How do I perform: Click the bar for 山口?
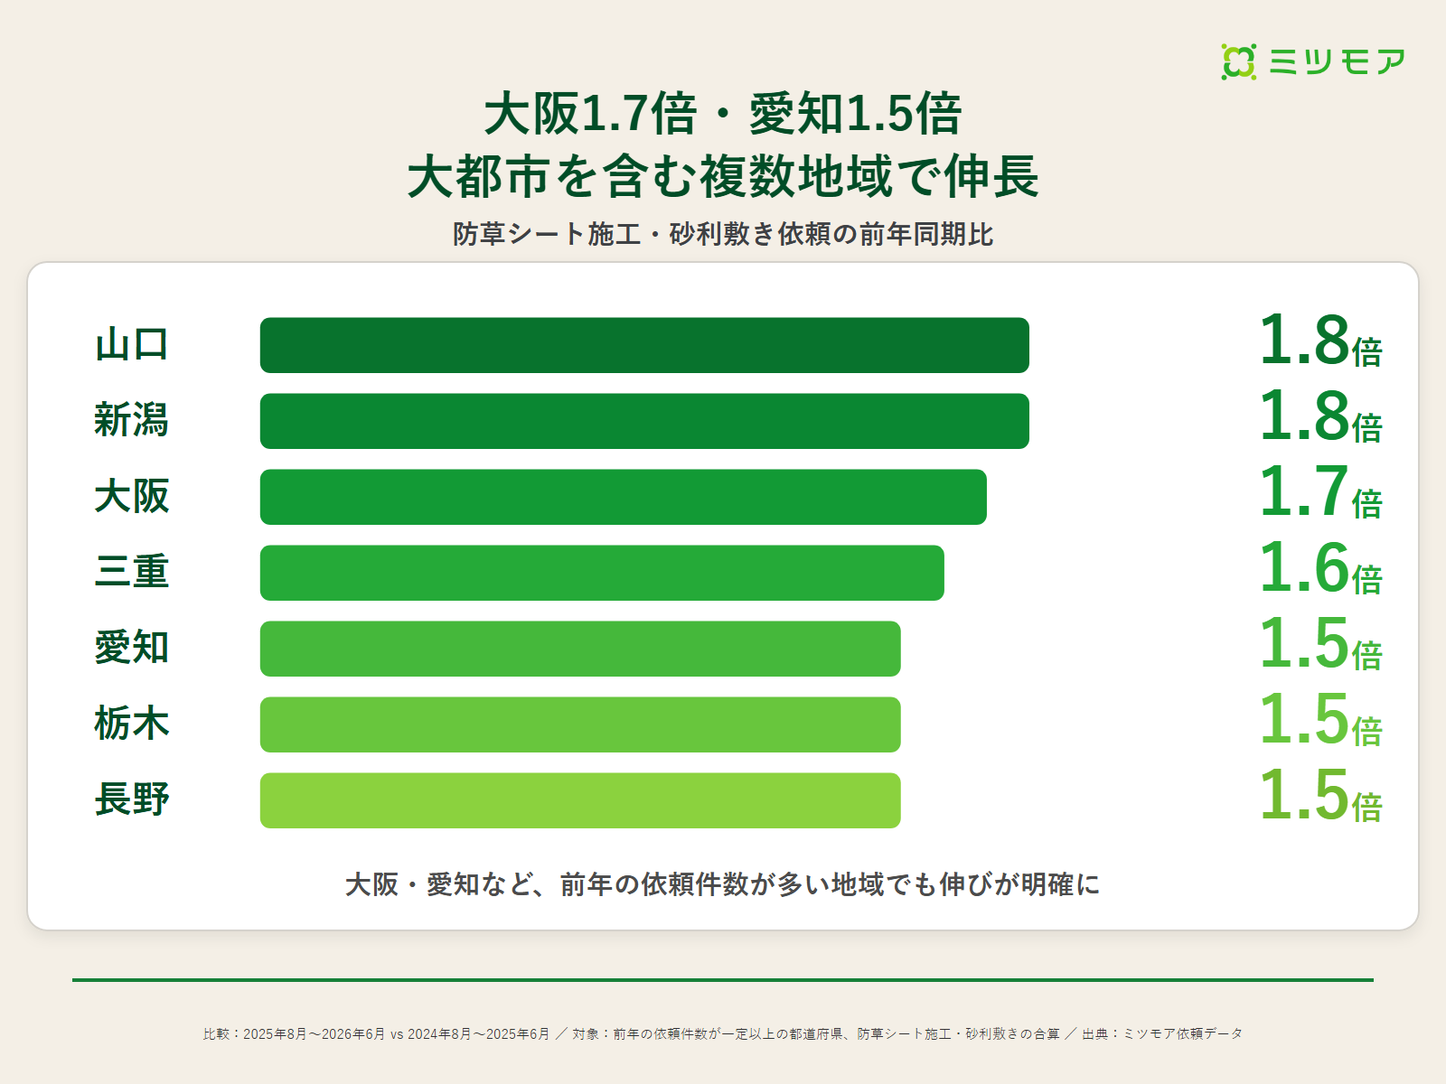(644, 346)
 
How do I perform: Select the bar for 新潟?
(644, 421)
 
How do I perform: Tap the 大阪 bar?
(624, 497)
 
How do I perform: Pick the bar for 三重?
(602, 573)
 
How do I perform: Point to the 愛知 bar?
(580, 649)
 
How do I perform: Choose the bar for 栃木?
(580, 724)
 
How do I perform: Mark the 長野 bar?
(580, 800)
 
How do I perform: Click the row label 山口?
(132, 345)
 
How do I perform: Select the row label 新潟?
(132, 421)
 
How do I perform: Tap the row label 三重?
(132, 572)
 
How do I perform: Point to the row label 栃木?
(132, 724)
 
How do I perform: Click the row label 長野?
(132, 799)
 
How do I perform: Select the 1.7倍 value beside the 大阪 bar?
(1320, 491)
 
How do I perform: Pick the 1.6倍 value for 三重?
(1320, 568)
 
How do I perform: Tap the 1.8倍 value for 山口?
(1320, 341)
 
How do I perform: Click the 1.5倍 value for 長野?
(1320, 795)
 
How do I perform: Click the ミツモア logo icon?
(1238, 61)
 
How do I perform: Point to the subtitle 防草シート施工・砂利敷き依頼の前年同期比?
(723, 234)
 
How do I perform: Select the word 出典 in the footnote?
(1094, 1034)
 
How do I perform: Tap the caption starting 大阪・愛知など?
(723, 884)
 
